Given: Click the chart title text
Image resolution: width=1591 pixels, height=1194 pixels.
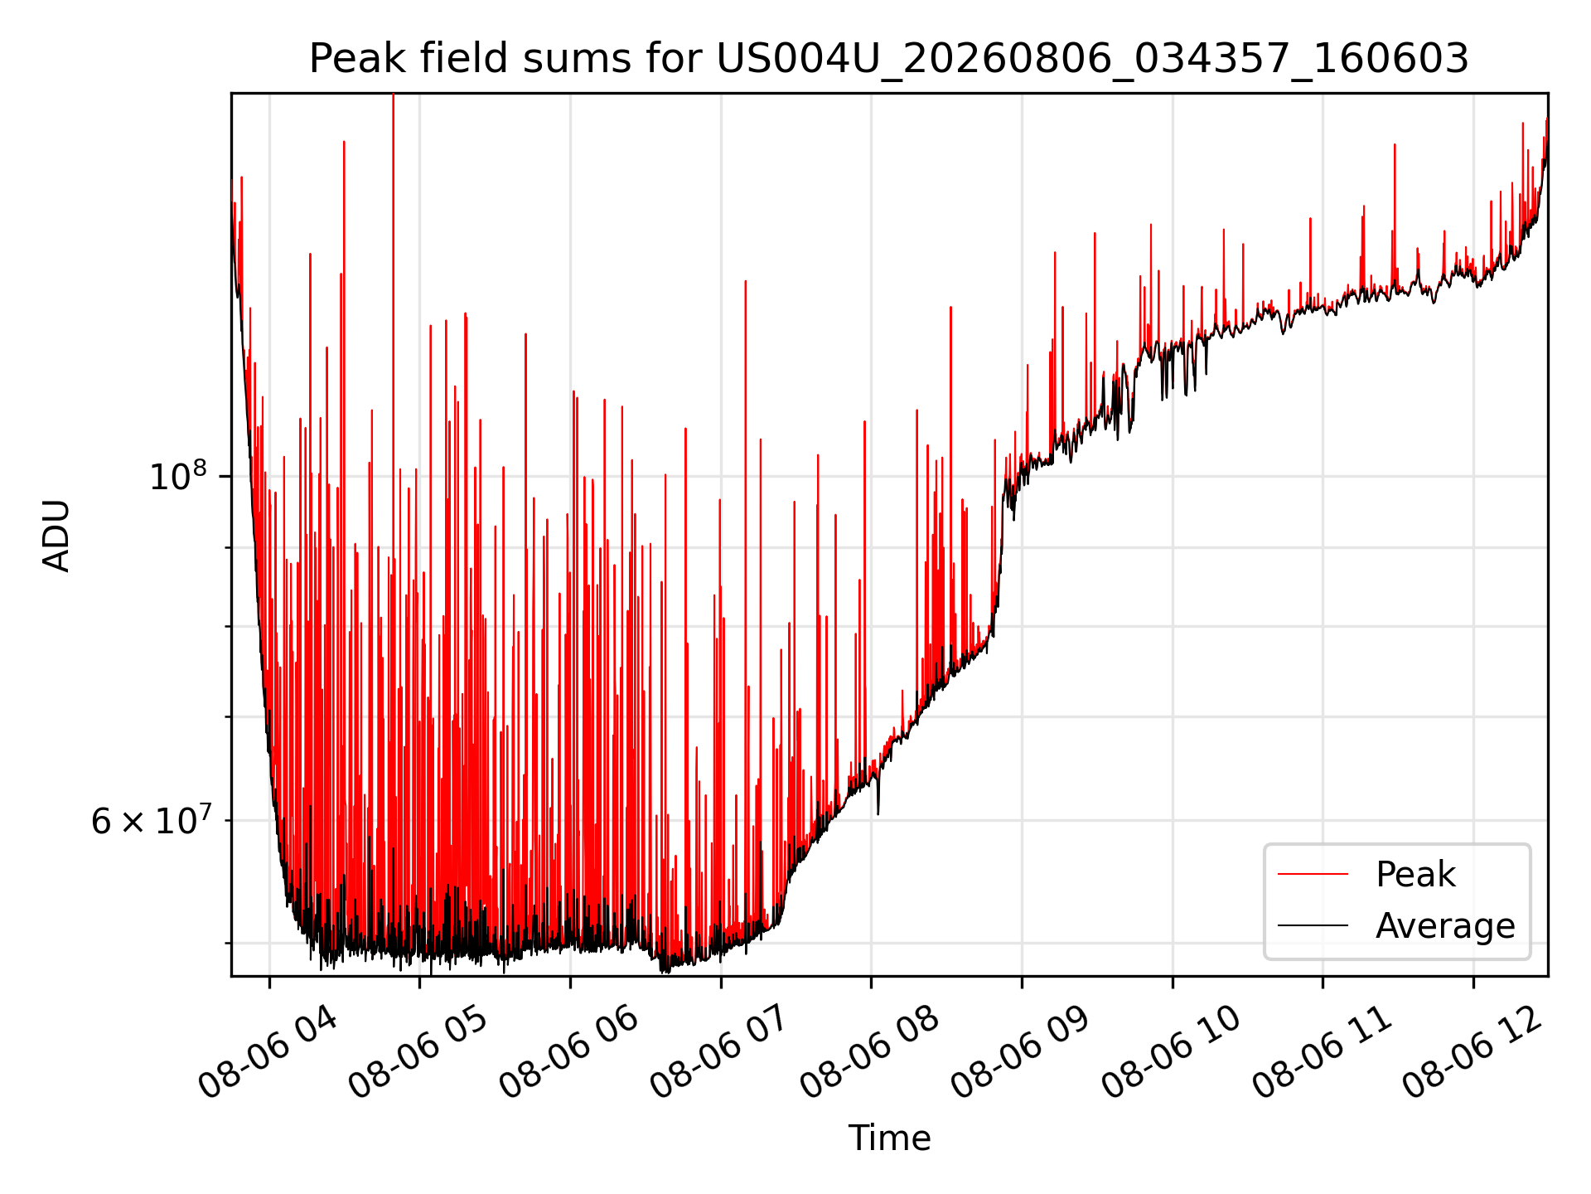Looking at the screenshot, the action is pos(889,59).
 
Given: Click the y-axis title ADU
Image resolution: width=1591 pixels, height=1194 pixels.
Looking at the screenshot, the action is pos(56,535).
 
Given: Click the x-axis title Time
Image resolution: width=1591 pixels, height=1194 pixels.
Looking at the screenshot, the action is pos(889,1138).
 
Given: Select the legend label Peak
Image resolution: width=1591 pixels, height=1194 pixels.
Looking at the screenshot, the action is pos(1415,874).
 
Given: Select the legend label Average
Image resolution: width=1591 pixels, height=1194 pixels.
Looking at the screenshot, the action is pos(1445,925).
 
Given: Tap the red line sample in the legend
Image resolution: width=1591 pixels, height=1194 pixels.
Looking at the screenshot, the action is pos(1313,874).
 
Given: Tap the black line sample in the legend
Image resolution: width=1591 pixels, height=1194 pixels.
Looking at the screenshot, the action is pos(1313,925).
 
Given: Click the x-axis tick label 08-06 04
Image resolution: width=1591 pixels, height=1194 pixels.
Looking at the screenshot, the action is pos(268,1051).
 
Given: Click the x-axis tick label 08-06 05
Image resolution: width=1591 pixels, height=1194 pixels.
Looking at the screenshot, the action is pos(418,1051).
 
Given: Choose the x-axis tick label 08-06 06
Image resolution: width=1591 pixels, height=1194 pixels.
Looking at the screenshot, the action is pos(569,1051).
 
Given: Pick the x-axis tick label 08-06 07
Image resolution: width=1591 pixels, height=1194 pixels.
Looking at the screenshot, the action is pos(720,1051).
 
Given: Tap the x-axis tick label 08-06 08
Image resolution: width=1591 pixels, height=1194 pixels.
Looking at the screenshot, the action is pos(870,1051).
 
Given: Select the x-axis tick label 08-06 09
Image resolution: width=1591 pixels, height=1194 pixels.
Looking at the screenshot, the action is pos(1021,1051).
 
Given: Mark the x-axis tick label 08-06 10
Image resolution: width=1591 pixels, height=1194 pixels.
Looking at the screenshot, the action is pos(1172,1051).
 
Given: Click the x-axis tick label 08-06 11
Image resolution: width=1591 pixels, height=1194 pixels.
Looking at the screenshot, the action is pos(1322,1051).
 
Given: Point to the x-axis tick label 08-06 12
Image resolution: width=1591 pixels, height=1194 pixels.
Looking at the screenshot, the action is pos(1473,1051).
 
